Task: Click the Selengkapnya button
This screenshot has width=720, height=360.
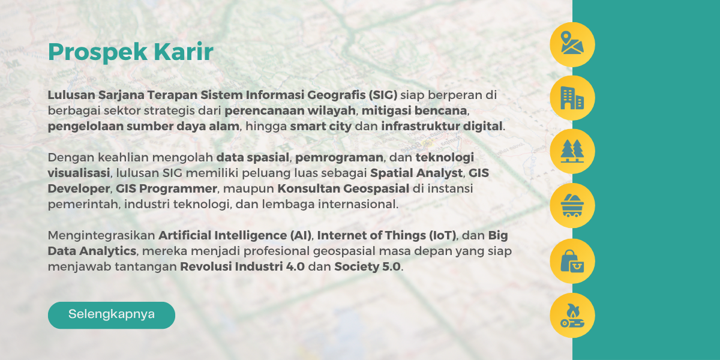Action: tap(112, 315)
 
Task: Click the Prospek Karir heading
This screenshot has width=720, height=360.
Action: tap(131, 52)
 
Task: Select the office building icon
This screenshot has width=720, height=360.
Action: tap(572, 98)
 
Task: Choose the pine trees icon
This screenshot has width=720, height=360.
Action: tap(572, 151)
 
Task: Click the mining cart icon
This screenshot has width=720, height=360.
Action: tap(572, 205)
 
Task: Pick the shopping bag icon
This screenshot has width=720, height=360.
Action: tap(572, 261)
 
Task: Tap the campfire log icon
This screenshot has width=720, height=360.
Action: tap(572, 316)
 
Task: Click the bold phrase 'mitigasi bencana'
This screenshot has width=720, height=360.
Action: tap(415, 110)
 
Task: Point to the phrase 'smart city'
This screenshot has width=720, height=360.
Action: tap(321, 127)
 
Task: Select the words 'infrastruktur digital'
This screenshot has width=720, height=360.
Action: tap(442, 127)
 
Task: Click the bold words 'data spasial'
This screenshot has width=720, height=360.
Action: tap(253, 158)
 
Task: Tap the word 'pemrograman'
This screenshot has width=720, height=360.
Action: tap(339, 158)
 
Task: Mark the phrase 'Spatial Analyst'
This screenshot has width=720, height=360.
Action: tap(416, 173)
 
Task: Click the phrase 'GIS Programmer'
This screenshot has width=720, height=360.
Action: tap(166, 188)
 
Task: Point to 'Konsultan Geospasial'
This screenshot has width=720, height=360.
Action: tap(343, 188)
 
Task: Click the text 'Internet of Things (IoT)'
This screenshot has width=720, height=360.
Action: tap(386, 236)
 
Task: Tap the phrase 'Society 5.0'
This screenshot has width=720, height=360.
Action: tap(367, 267)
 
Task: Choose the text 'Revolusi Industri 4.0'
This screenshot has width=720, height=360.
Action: tap(242, 267)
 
